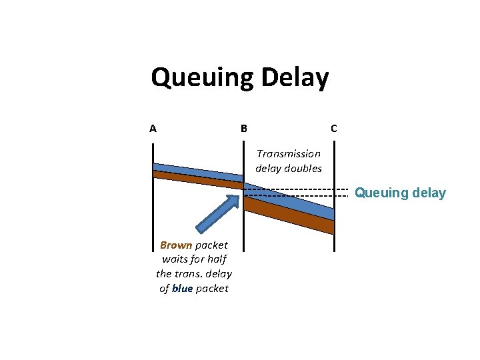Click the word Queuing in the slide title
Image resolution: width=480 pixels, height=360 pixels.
(200, 78)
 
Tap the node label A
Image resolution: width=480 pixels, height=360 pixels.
(153, 129)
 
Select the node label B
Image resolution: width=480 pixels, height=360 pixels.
(243, 129)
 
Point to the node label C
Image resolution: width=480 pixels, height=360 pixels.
(333, 129)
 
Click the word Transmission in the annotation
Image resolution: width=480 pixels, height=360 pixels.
(289, 153)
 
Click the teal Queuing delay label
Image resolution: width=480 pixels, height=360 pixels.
(400, 193)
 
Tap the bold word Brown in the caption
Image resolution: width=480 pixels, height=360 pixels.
(176, 245)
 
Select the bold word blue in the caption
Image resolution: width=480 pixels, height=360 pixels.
(182, 288)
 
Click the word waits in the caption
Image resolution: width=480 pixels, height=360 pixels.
(175, 259)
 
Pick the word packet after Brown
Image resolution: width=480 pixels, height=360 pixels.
(211, 245)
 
